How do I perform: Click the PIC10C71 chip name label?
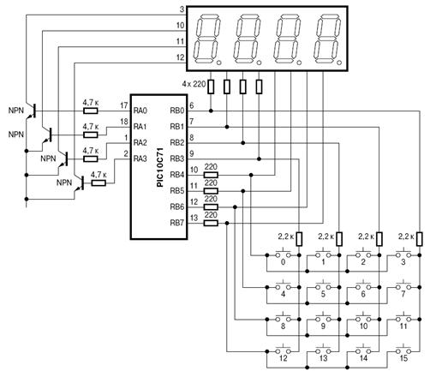160,167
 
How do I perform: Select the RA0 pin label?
140,111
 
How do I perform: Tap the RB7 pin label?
177,223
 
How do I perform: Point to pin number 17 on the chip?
124,105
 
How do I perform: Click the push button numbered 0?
283,254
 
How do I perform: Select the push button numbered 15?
403,350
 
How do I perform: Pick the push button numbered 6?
363,286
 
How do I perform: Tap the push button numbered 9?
323,319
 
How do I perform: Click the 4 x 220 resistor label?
194,84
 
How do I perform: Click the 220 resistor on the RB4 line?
211,175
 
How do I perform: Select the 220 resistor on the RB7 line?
211,223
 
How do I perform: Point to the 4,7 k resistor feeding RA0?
91,111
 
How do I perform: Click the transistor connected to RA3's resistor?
80,183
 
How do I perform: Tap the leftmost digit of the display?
207,39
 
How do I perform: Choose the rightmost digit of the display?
327,39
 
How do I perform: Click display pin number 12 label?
181,57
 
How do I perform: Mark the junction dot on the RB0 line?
211,111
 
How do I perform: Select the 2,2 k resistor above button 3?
419,239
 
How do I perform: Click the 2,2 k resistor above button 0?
299,239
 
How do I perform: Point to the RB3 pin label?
177,159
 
